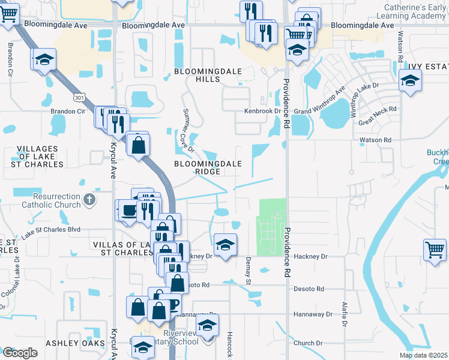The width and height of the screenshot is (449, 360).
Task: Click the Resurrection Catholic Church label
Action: tap(48, 200)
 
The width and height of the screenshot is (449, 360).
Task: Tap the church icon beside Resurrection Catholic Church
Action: tap(89, 199)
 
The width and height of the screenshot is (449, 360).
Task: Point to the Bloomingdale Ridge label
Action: tap(208, 167)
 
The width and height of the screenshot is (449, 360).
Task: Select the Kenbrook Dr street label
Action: tap(262, 111)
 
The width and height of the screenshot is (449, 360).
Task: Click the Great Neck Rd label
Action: tap(378, 116)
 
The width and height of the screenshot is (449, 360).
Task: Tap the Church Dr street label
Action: tap(309, 343)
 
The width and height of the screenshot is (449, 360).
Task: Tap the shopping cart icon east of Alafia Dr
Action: tap(435, 248)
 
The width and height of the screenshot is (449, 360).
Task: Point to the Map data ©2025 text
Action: tap(423, 355)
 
